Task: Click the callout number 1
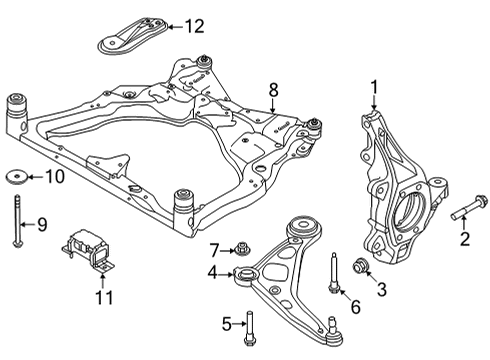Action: [375, 87]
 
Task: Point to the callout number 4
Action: [212, 272]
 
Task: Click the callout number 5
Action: [225, 324]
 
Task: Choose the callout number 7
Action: [213, 248]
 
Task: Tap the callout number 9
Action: [41, 224]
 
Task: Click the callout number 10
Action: [54, 179]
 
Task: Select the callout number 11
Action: [104, 297]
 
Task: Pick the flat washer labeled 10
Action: [17, 179]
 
